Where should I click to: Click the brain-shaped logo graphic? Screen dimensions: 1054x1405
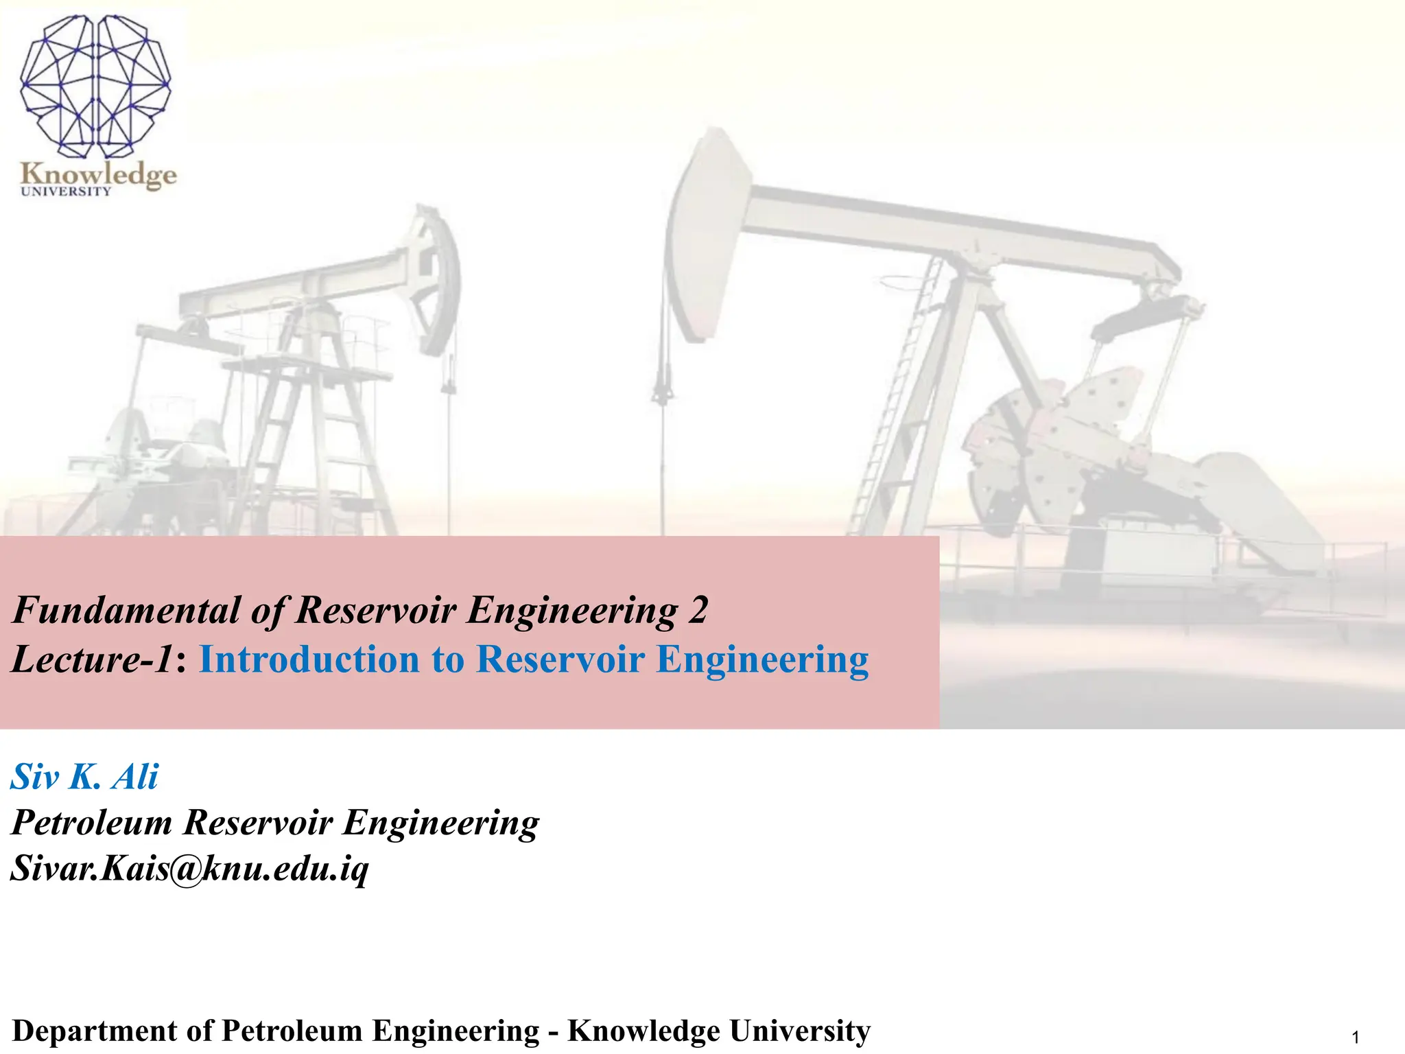pyautogui.click(x=95, y=86)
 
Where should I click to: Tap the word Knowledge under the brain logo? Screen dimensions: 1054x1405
pyautogui.click(x=98, y=174)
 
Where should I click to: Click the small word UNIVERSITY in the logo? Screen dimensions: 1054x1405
pyautogui.click(x=66, y=191)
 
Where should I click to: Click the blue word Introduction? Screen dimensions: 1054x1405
pyautogui.click(x=309, y=659)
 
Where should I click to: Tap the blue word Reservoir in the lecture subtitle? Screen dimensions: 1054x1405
pyautogui.click(x=560, y=659)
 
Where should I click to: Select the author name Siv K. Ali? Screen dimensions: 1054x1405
pyautogui.click(x=84, y=777)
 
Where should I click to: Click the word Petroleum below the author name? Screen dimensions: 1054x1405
pyautogui.click(x=91, y=822)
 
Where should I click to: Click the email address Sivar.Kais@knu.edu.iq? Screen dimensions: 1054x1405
pyautogui.click(x=189, y=869)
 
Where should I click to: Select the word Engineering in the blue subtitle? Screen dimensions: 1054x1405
pyautogui.click(x=762, y=659)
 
